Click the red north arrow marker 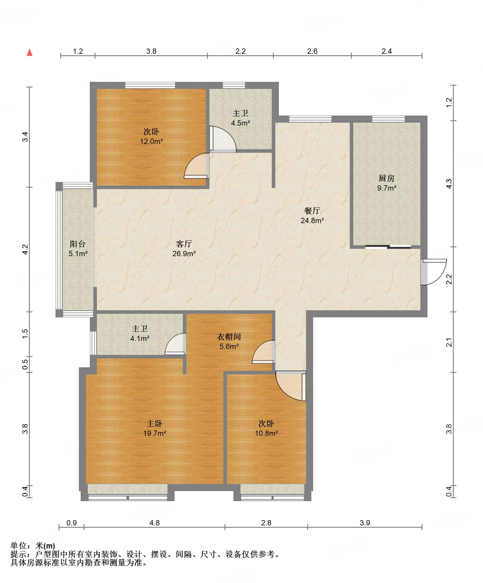pyautogui.click(x=30, y=53)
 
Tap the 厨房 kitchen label pyautogui.click(x=386, y=178)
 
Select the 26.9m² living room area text pyautogui.click(x=184, y=254)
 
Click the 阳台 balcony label pyautogui.click(x=78, y=244)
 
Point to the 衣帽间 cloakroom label pyautogui.click(x=229, y=337)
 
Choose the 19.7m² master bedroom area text pyautogui.click(x=155, y=433)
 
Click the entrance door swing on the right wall pyautogui.click(x=434, y=272)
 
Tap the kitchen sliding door pyautogui.click(x=388, y=247)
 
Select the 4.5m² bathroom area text pyautogui.click(x=240, y=123)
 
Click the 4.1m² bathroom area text pyautogui.click(x=140, y=338)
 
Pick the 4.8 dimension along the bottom pyautogui.click(x=155, y=523)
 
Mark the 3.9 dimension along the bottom pyautogui.click(x=365, y=523)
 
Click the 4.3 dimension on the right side pyautogui.click(x=449, y=184)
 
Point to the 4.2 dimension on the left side pyautogui.click(x=25, y=249)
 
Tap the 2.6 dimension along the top pyautogui.click(x=312, y=51)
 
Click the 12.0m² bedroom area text pyautogui.click(x=152, y=141)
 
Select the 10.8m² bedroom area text pyautogui.click(x=266, y=433)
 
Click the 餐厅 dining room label pyautogui.click(x=312, y=211)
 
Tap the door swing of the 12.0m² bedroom pyautogui.click(x=196, y=166)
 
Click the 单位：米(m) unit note pyautogui.click(x=33, y=545)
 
